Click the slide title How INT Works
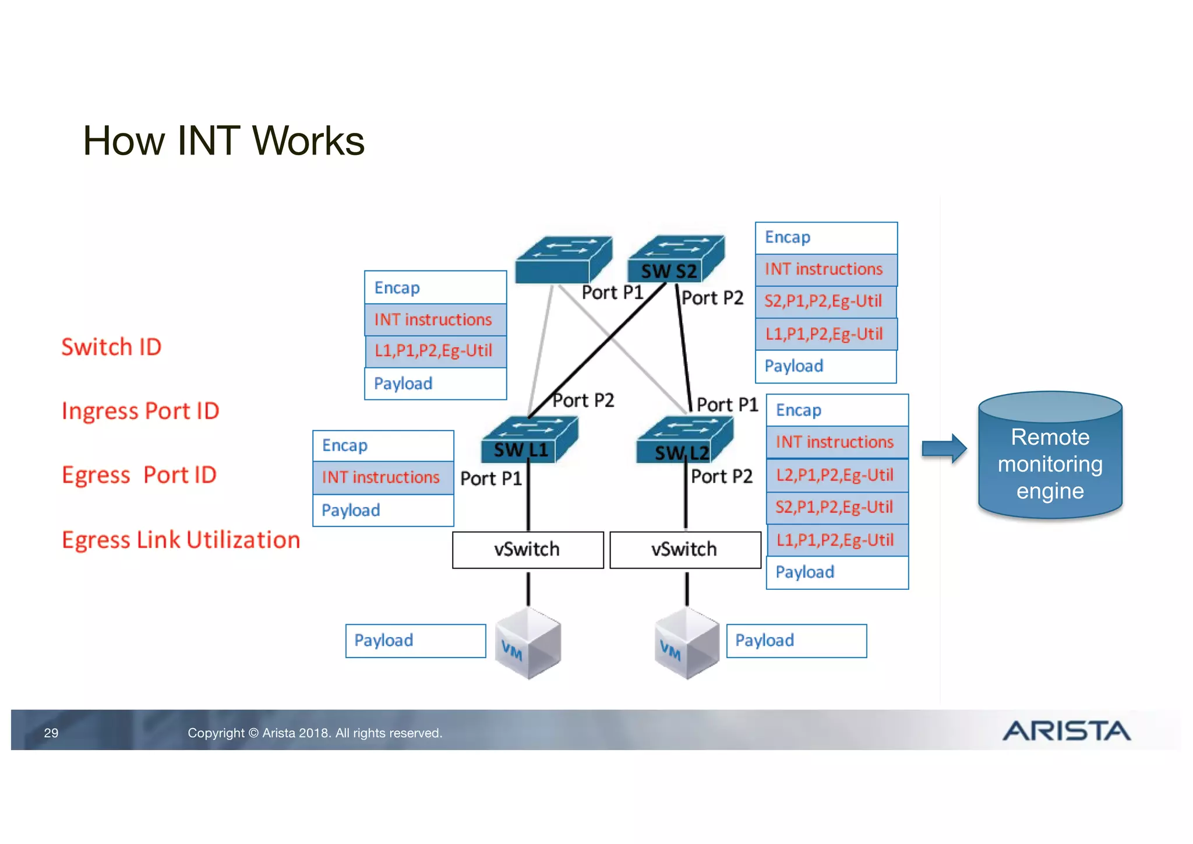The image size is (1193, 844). click(223, 141)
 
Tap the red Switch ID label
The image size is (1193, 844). click(111, 347)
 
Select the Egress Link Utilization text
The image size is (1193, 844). click(181, 540)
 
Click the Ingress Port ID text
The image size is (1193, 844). click(140, 411)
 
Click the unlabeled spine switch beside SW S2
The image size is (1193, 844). click(563, 259)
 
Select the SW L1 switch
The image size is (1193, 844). click(528, 440)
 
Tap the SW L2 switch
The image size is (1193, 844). click(684, 441)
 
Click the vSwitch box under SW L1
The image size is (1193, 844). click(528, 549)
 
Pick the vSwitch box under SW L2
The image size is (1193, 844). click(685, 549)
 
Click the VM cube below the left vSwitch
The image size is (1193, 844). click(528, 643)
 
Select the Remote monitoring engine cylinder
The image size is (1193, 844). click(1050, 456)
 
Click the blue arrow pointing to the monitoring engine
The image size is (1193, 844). click(944, 448)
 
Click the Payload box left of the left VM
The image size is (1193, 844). click(415, 641)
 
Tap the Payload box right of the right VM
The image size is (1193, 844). click(796, 641)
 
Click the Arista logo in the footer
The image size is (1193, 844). click(1066, 730)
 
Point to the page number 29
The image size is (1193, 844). click(51, 733)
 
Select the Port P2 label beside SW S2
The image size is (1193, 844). click(713, 298)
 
